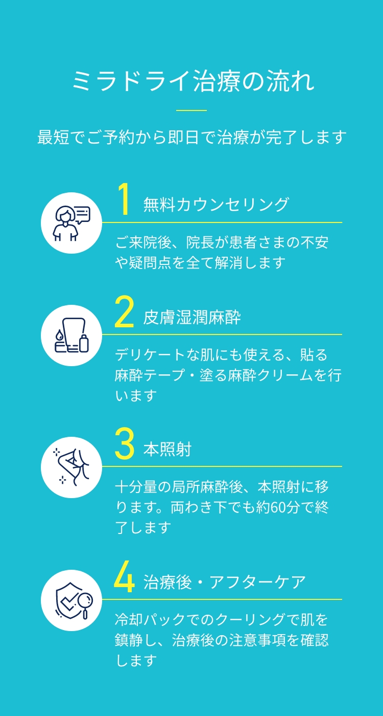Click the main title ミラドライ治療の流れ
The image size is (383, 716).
193,81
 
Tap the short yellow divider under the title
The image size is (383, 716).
192,110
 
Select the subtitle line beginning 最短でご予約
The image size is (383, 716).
192,137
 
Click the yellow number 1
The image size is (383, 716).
124,199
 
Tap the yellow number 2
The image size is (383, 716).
124,311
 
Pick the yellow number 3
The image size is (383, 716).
124,444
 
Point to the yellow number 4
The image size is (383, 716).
124,576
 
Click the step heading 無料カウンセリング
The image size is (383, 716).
216,205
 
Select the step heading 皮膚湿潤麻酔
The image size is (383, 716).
192,318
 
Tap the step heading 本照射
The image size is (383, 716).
167,450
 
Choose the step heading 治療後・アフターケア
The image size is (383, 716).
224,582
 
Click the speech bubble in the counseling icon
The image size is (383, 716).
83,214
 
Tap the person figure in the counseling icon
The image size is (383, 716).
65,223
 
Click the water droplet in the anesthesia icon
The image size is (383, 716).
59,335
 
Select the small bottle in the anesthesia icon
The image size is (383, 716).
84,343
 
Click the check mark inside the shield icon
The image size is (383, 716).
68,601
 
